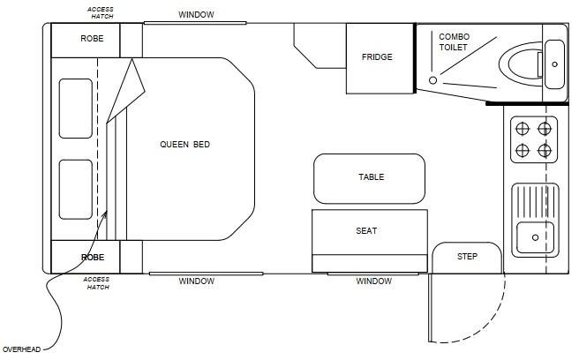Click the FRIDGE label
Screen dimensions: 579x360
377,56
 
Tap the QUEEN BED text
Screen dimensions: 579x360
184,145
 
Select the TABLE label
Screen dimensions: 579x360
371,176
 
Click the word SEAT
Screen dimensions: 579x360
366,231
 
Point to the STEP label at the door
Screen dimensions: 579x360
467,256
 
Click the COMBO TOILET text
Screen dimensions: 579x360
454,41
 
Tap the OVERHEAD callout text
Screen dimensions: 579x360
21,349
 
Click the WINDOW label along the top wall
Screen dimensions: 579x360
196,15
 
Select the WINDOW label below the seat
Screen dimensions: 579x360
373,281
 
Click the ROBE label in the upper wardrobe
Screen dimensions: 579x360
92,39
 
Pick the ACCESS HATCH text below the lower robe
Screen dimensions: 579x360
97,283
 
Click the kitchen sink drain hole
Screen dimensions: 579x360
535,237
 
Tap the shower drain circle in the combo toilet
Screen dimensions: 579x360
432,80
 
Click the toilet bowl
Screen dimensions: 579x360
522,64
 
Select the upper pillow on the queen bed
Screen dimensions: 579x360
75,109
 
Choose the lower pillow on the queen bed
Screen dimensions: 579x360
75,190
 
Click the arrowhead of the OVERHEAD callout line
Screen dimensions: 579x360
105,214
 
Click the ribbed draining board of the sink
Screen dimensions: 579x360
536,201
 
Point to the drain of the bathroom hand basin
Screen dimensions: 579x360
554,64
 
